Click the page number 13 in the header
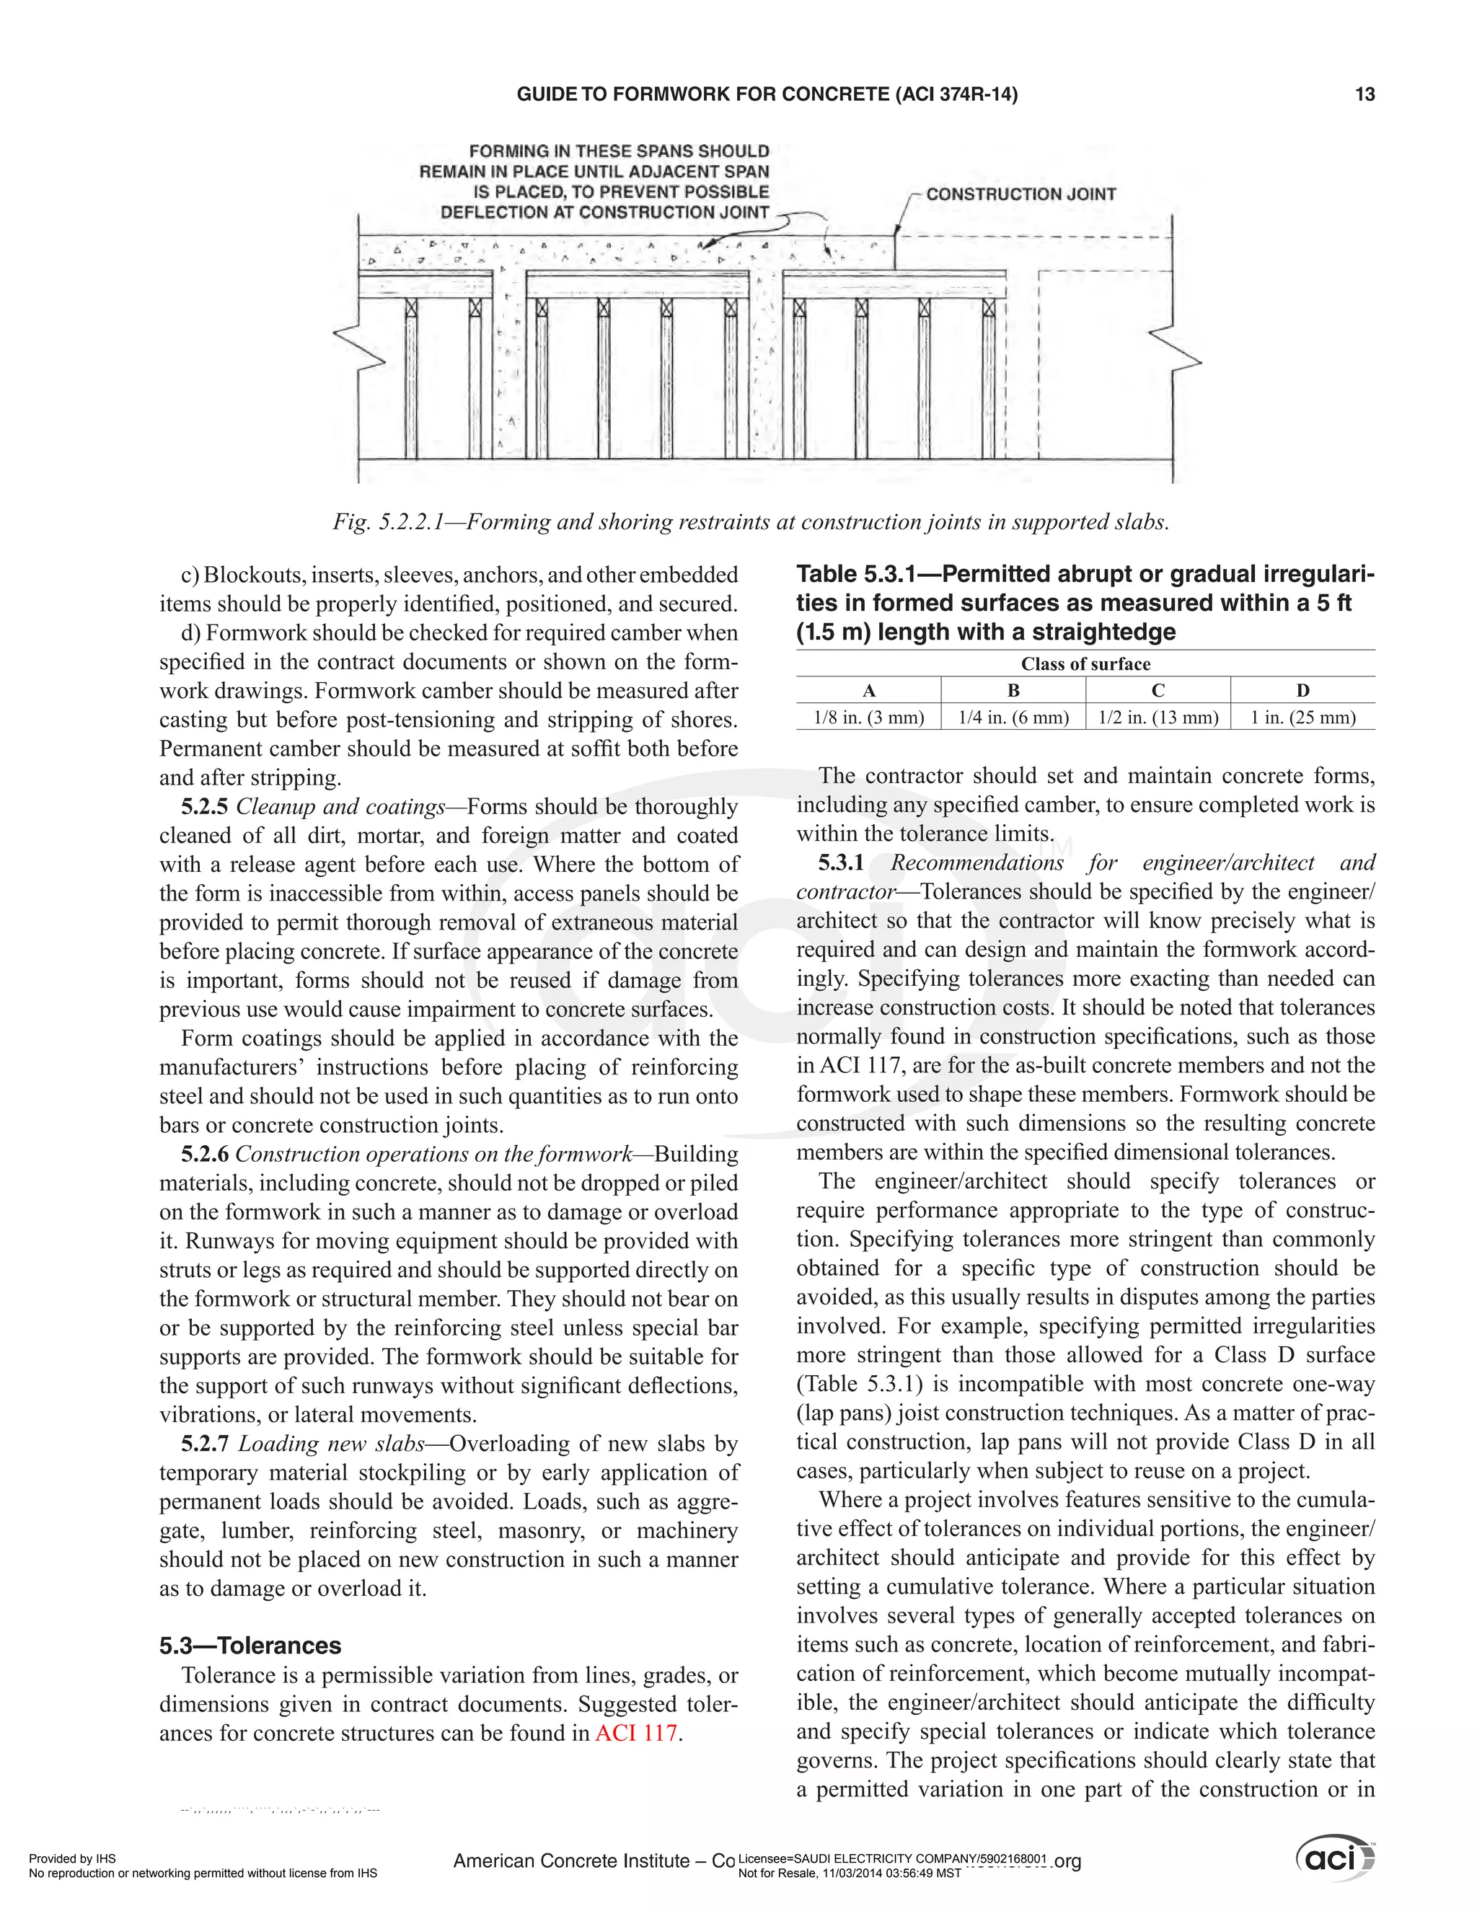pyautogui.click(x=1364, y=94)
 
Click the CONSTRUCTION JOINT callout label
pyautogui.click(x=1020, y=194)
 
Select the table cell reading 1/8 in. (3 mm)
pyautogui.click(x=868, y=718)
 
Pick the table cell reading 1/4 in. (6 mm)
pyautogui.click(x=1013, y=718)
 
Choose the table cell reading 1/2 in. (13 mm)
pyautogui.click(x=1158, y=718)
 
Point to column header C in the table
pyautogui.click(x=1158, y=690)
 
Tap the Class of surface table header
pyautogui.click(x=1085, y=664)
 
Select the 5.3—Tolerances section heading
pyautogui.click(x=250, y=1645)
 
